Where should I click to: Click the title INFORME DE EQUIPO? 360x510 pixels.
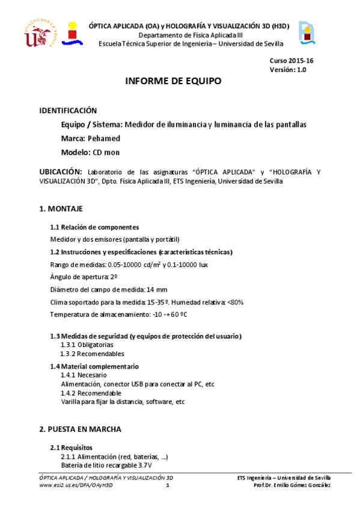click(172, 81)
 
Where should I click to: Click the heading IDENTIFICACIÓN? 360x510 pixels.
click(67, 111)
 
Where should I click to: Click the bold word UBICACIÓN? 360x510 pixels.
click(60, 172)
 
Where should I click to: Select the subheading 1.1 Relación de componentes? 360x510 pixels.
click(94, 227)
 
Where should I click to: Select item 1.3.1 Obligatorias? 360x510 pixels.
click(87, 345)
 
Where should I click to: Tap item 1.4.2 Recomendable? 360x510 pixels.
click(91, 393)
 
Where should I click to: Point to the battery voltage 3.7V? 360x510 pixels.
click(145, 465)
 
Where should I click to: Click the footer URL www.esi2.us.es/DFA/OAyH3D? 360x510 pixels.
click(75, 485)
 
